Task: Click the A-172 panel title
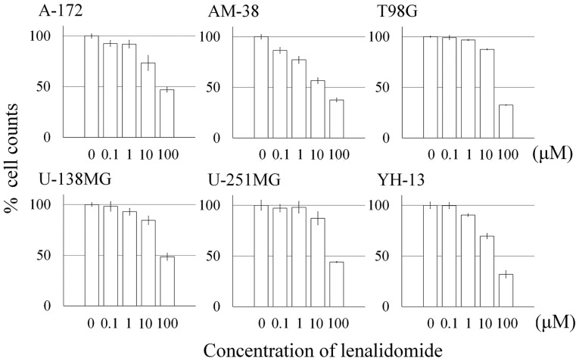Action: (61, 11)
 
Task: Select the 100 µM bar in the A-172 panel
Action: (167, 114)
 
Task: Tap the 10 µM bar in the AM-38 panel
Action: (318, 109)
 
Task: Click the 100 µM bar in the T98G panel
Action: (506, 121)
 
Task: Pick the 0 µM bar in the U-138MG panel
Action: (92, 256)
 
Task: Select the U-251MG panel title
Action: (244, 180)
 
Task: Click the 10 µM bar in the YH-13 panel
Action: (487, 271)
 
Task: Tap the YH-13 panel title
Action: (400, 180)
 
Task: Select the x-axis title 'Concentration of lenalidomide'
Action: (322, 350)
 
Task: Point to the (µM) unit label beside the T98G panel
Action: (553, 154)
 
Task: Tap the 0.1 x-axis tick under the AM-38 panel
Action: (281, 154)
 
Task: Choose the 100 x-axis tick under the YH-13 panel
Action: (507, 323)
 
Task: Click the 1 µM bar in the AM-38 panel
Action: (299, 99)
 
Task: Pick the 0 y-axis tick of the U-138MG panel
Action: (48, 306)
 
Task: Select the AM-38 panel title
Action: (233, 12)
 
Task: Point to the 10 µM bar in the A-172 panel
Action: (148, 100)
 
